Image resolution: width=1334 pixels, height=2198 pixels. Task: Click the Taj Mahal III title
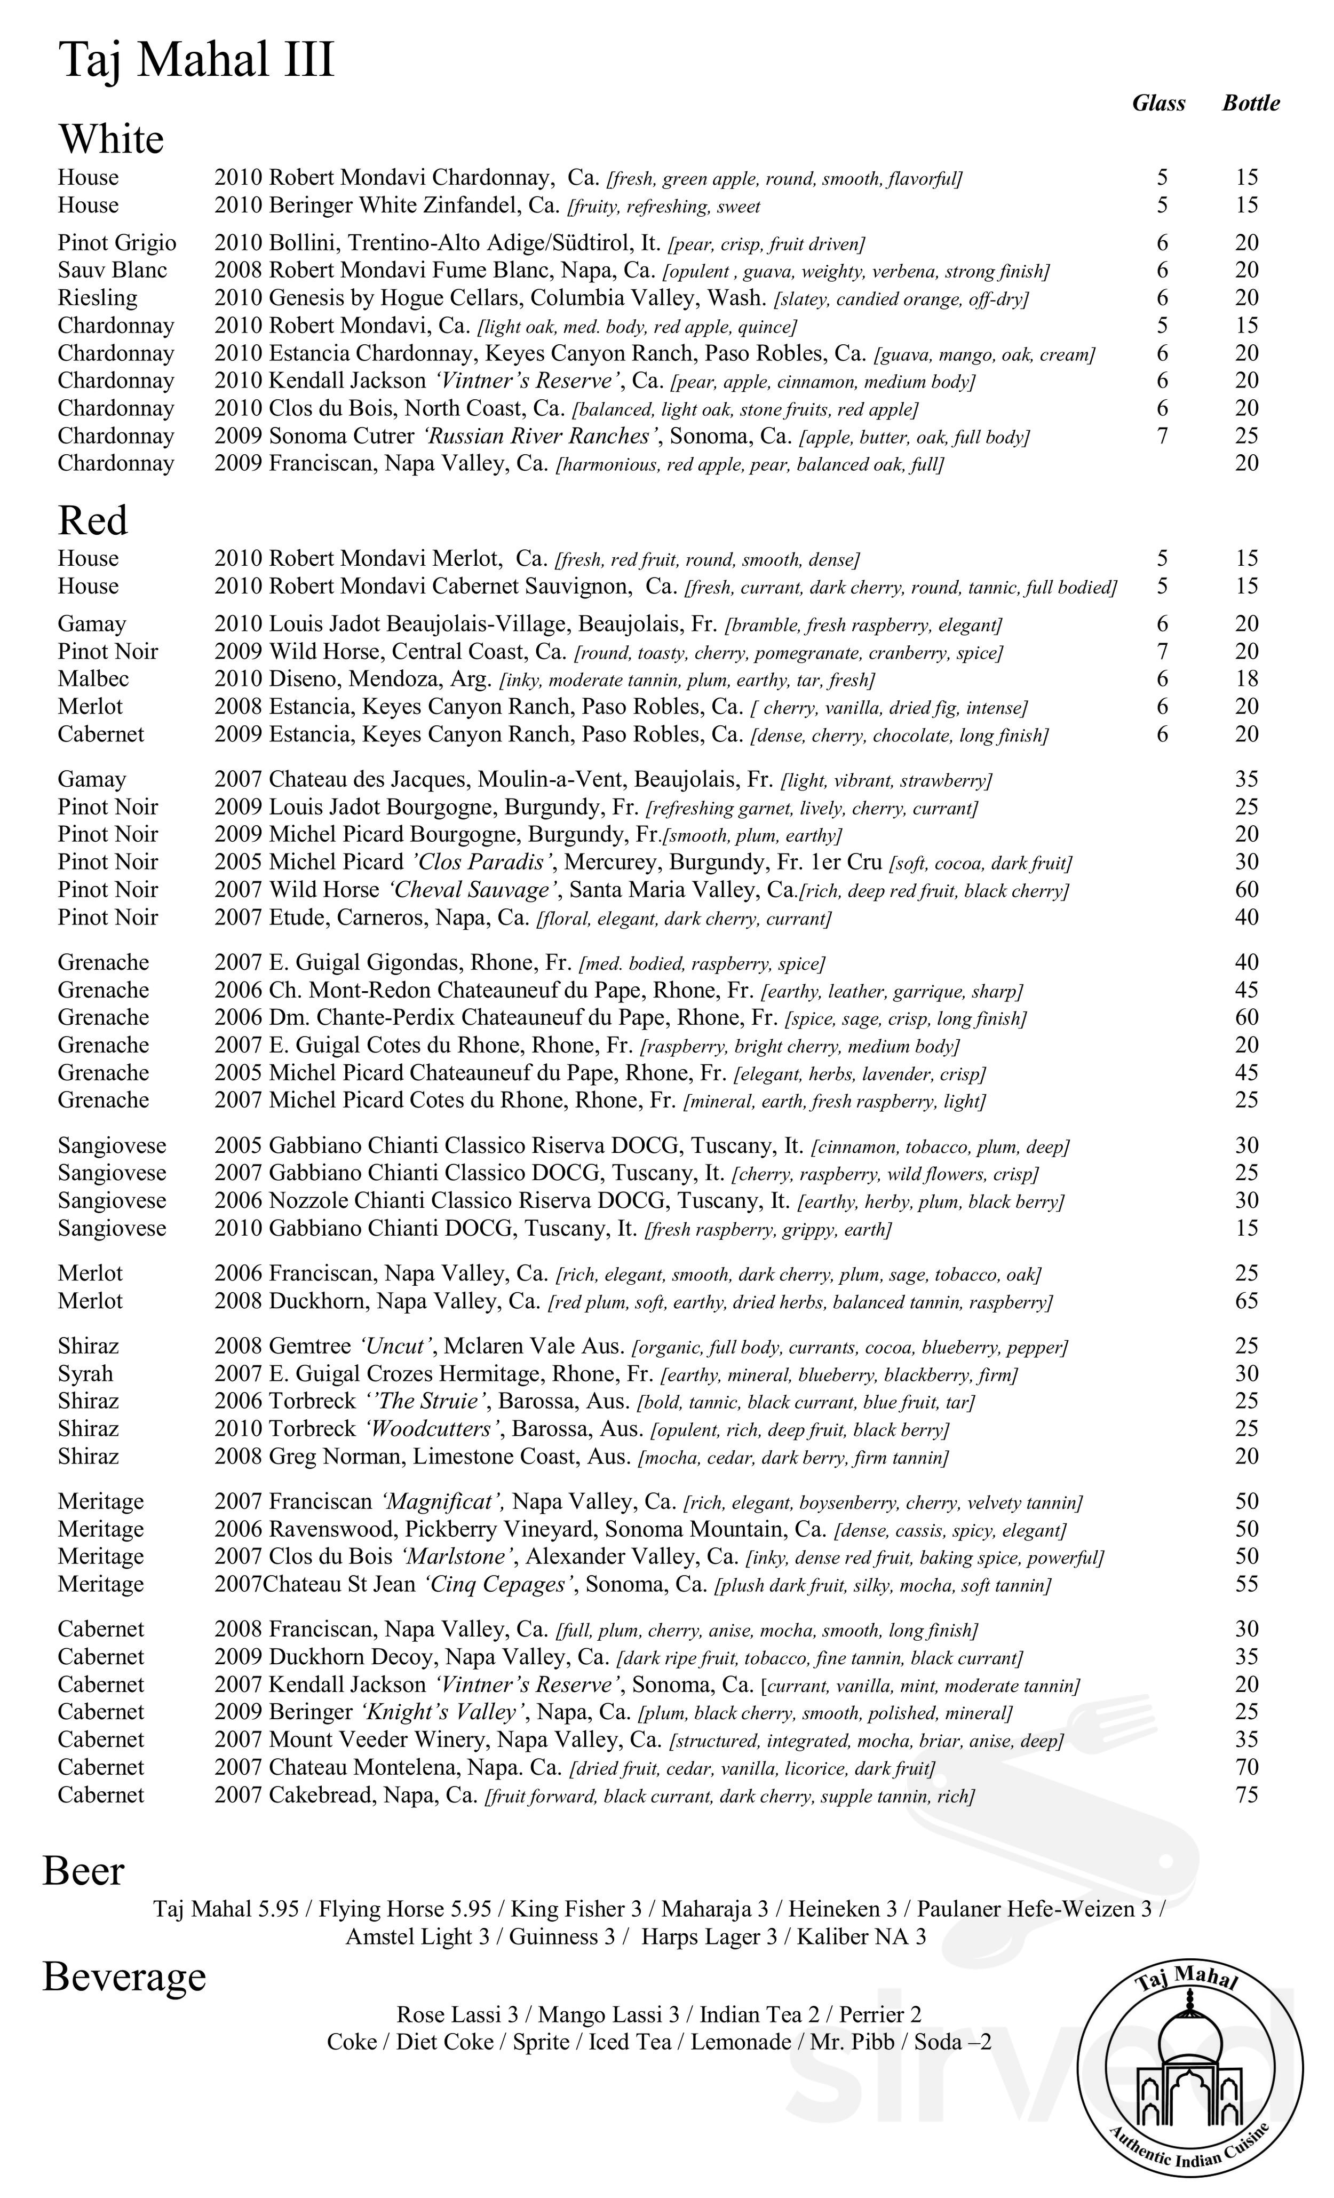(x=196, y=61)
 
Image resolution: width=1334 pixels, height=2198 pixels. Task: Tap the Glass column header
(x=1158, y=104)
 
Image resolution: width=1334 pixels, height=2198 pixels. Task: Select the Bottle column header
(x=1250, y=104)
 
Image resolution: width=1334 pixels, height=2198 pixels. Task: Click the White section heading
(x=112, y=139)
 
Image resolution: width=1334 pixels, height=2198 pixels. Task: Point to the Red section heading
(x=93, y=520)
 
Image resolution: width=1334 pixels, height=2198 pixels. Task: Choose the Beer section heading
(x=83, y=1871)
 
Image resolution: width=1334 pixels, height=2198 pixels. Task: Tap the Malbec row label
(x=93, y=679)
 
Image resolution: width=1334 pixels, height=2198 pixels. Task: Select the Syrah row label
(x=85, y=1374)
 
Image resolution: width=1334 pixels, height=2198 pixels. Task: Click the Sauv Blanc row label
(x=113, y=270)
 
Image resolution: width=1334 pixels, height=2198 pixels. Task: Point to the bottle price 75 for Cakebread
(x=1246, y=1795)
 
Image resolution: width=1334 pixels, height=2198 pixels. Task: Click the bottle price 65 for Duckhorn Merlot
(x=1246, y=1301)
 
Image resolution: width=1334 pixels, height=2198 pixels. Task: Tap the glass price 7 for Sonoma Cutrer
(x=1162, y=436)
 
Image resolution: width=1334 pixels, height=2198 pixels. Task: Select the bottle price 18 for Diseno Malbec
(x=1246, y=679)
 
